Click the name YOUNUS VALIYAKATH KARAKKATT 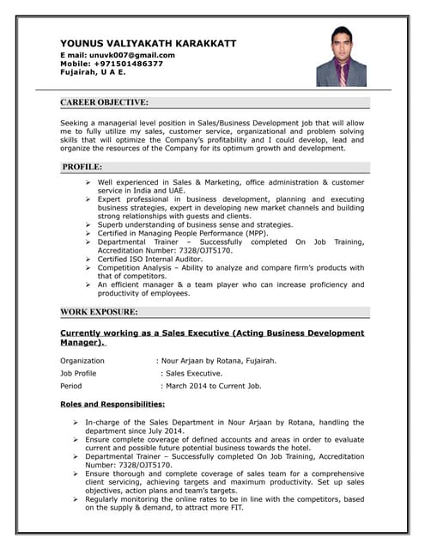pyautogui.click(x=148, y=43)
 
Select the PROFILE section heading pyautogui.click(x=82, y=167)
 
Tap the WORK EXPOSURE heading pyautogui.click(x=100, y=312)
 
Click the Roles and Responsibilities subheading pyautogui.click(x=112, y=404)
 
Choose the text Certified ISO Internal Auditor pyautogui.click(x=151, y=258)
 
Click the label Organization pyautogui.click(x=82, y=361)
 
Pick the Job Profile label pyautogui.click(x=78, y=374)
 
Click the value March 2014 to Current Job pyautogui.click(x=213, y=387)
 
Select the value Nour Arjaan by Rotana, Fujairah pyautogui.click(x=220, y=361)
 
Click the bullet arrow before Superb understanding pyautogui.click(x=88, y=224)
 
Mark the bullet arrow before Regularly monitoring pyautogui.click(x=76, y=499)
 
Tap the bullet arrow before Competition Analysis pyautogui.click(x=88, y=267)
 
